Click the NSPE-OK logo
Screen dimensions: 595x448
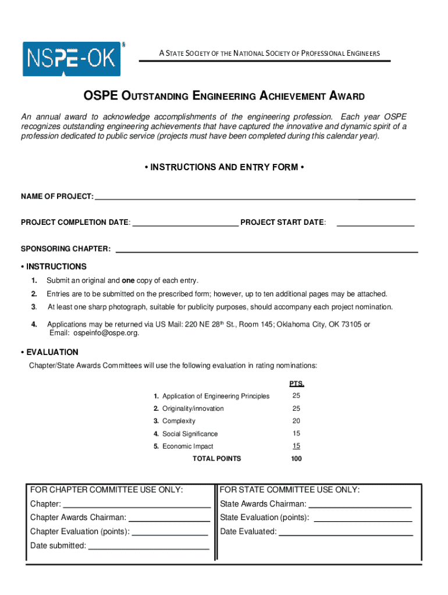(72, 58)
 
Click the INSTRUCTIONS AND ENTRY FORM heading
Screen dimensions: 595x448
(224, 167)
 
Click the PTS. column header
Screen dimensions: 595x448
(297, 384)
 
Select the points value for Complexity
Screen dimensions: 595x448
(297, 421)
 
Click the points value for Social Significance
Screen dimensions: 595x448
(297, 433)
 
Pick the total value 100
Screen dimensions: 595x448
(297, 458)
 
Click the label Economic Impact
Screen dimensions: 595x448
(187, 446)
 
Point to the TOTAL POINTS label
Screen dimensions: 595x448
(216, 458)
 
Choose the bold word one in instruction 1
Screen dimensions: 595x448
(128, 280)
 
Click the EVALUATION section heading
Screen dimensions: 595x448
(52, 352)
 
